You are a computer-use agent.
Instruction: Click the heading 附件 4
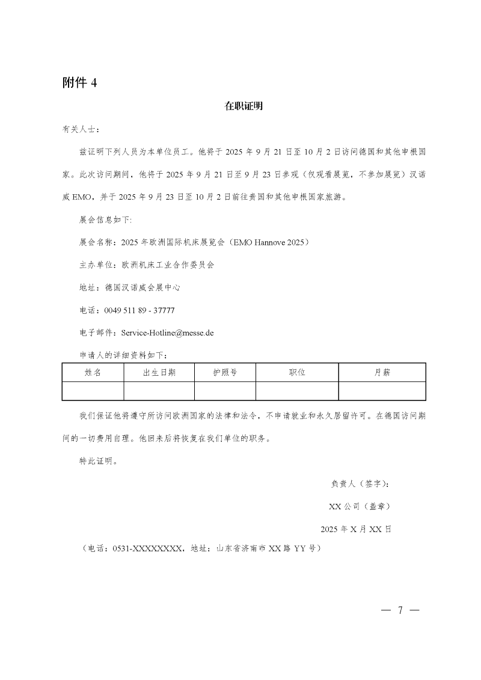tap(80, 83)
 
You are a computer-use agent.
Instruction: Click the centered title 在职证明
tap(244, 106)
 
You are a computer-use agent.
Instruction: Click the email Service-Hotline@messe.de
tap(168, 332)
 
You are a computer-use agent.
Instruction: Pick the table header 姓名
tap(93, 373)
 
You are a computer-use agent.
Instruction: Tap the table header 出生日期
tap(159, 373)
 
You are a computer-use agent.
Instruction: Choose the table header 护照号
tap(225, 373)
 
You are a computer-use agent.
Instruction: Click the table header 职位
tap(297, 373)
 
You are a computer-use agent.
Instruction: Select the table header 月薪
tap(382, 373)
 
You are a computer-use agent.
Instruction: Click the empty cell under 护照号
tap(225, 391)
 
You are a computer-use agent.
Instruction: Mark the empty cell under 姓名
tap(93, 391)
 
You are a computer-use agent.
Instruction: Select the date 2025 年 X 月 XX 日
tap(357, 529)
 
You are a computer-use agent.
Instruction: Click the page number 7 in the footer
tap(400, 610)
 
